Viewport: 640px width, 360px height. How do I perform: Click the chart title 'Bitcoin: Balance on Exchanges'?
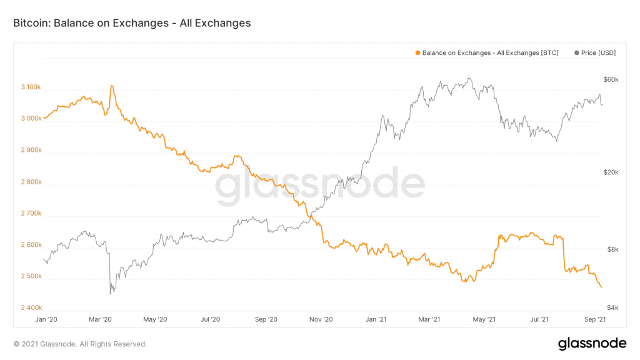click(x=132, y=23)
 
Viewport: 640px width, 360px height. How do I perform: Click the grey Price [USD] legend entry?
click(x=594, y=53)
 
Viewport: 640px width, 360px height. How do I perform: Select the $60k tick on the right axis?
click(x=611, y=79)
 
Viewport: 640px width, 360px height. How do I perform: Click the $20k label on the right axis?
click(x=611, y=173)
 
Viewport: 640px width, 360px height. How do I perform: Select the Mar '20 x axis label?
click(x=100, y=319)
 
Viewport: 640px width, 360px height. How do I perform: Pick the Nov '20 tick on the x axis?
click(x=321, y=319)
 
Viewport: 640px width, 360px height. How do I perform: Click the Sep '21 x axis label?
click(x=595, y=319)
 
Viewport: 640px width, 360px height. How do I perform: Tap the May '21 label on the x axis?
click(x=485, y=319)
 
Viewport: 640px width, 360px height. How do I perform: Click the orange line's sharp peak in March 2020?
click(x=111, y=86)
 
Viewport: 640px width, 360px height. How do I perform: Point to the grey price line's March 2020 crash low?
click(x=111, y=293)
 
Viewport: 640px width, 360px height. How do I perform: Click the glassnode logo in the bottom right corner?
click(x=591, y=343)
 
